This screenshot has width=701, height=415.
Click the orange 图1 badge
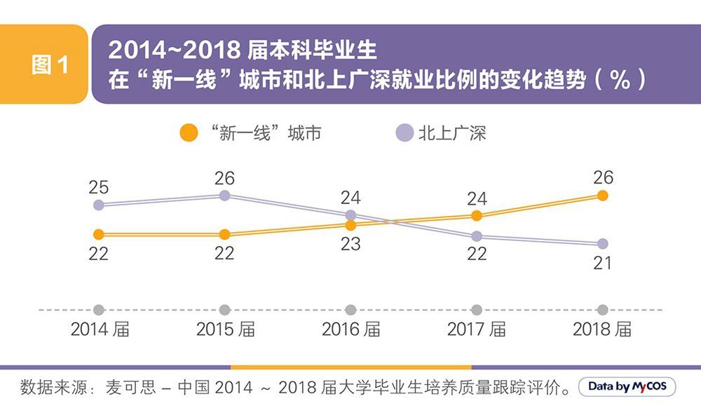50,64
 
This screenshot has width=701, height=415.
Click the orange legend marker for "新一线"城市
189,133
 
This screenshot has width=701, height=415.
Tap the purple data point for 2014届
99,205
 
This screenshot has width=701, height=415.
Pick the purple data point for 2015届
224,196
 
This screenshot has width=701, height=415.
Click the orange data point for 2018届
602,196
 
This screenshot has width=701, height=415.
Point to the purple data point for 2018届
602,244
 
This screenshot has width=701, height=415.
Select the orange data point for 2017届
477,216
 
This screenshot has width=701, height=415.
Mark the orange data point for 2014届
99,234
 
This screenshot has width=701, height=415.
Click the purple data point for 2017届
477,236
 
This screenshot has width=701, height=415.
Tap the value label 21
602,264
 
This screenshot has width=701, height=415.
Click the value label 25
99,187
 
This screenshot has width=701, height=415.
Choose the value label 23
350,244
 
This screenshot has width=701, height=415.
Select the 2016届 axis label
350,329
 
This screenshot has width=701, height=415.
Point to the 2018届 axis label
602,329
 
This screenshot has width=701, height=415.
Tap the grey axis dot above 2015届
224,310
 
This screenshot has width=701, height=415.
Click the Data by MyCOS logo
627,387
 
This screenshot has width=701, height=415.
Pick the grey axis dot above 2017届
477,310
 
